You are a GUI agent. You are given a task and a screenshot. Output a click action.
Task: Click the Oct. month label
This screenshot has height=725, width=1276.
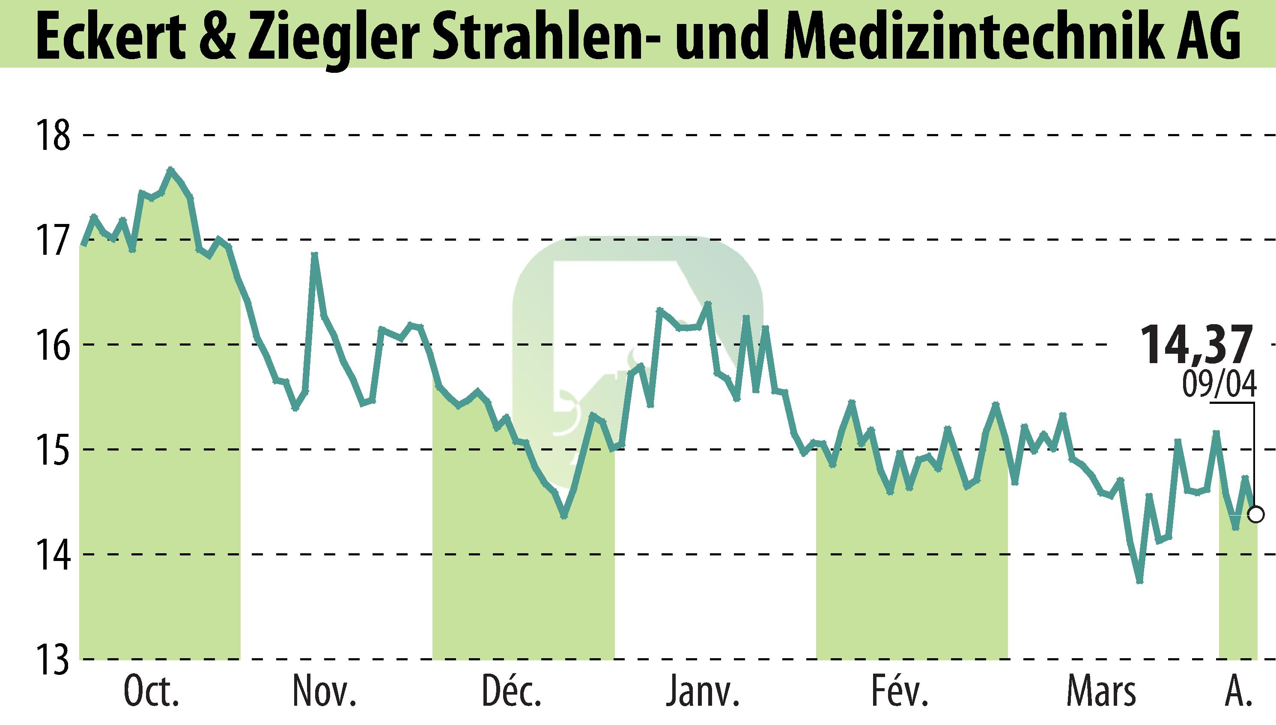151,692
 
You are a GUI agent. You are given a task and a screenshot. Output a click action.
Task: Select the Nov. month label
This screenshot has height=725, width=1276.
325,692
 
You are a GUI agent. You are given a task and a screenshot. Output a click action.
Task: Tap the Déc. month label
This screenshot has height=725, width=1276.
511,692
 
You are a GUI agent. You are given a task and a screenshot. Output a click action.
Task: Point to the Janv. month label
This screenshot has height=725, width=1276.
703,692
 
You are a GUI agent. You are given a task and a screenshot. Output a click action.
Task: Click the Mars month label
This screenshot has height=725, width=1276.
1101,692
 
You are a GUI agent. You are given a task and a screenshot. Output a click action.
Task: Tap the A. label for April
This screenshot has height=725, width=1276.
1237,692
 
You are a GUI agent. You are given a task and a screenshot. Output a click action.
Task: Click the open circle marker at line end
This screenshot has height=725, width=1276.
1257,514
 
